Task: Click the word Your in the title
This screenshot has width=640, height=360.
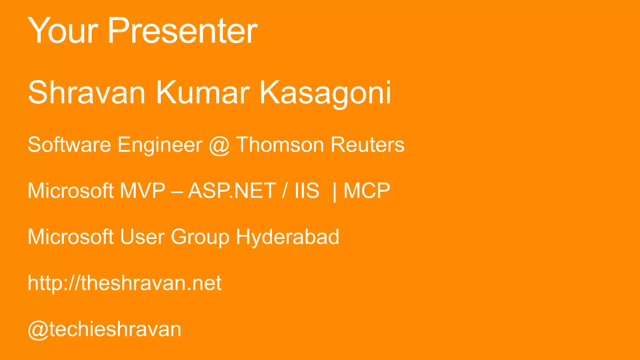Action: (x=63, y=31)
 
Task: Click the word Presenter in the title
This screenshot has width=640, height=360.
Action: (x=182, y=31)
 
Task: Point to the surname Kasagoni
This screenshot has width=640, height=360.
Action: (x=325, y=93)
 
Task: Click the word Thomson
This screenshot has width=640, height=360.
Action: (x=280, y=145)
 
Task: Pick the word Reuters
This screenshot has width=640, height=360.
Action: (x=367, y=145)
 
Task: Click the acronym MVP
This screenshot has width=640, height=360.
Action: (x=142, y=191)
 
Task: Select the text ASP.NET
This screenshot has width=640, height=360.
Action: (x=232, y=191)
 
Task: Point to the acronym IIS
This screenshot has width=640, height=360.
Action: (x=307, y=191)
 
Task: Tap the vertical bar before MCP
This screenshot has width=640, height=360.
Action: (x=335, y=191)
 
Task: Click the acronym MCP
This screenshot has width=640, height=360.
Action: (x=367, y=191)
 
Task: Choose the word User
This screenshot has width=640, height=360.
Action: (x=142, y=237)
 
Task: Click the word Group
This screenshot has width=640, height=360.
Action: (x=200, y=237)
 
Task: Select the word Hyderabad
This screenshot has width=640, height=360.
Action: (x=287, y=237)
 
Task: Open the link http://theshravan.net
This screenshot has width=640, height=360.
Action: (x=124, y=283)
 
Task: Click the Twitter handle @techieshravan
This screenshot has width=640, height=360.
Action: (x=104, y=329)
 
